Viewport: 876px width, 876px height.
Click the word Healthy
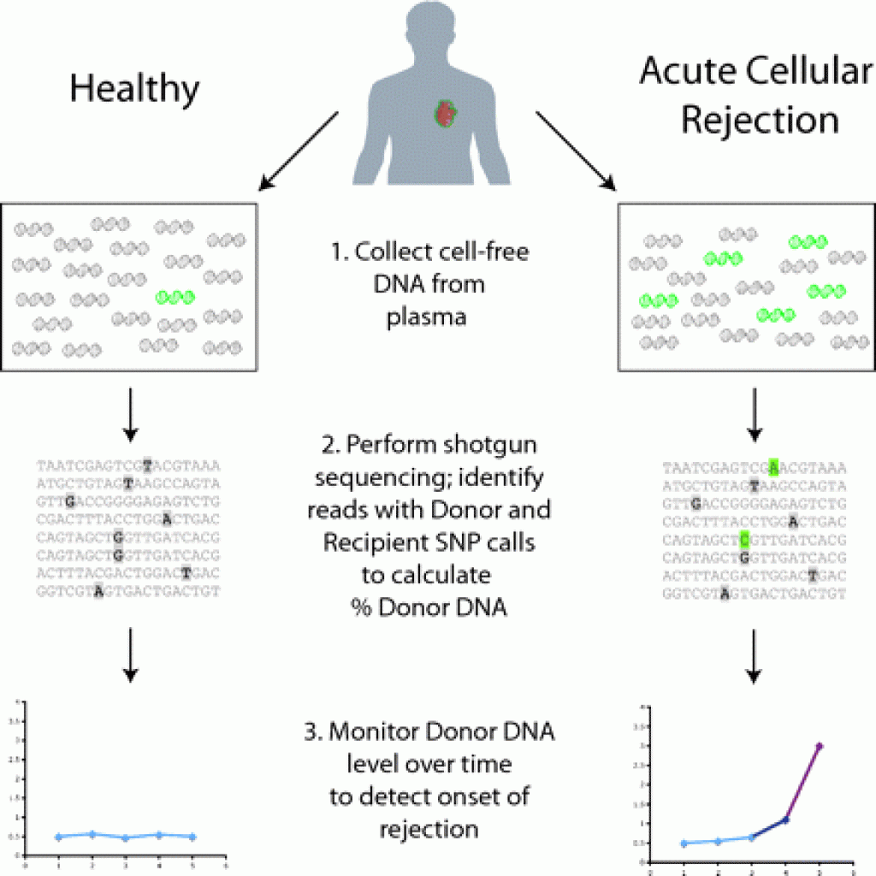tap(134, 88)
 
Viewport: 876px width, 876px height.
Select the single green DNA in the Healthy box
tap(176, 297)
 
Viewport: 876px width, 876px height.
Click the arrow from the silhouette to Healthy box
tap(299, 150)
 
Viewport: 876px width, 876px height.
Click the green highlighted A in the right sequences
tap(773, 467)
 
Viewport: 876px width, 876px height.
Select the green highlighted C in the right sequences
tap(745, 540)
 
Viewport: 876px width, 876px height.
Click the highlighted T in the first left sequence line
tap(148, 466)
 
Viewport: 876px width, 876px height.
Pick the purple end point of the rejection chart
tap(820, 747)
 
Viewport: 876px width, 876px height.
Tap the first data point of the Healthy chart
tap(58, 837)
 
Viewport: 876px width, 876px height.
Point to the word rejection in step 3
tap(429, 828)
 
